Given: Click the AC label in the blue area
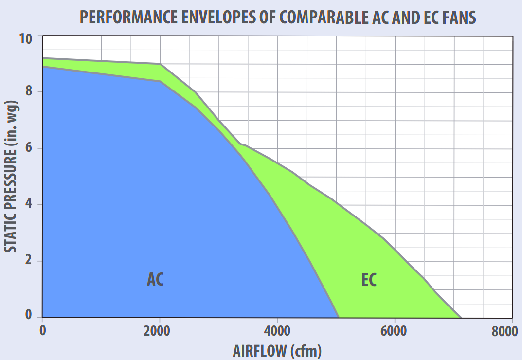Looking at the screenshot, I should [x=155, y=279].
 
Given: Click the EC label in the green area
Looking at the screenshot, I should [x=369, y=280].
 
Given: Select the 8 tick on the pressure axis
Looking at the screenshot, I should [x=30, y=91].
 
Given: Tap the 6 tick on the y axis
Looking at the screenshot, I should [x=30, y=148].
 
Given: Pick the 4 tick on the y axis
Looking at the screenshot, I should [x=30, y=204].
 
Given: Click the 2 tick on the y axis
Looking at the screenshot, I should [x=30, y=261].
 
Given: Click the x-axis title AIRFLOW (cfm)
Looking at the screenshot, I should [x=277, y=350].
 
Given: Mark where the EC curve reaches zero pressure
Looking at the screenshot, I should [x=461, y=317].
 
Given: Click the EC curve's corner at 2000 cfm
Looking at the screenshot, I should [x=160, y=64].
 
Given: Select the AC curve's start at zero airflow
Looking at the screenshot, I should [x=43, y=67].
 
